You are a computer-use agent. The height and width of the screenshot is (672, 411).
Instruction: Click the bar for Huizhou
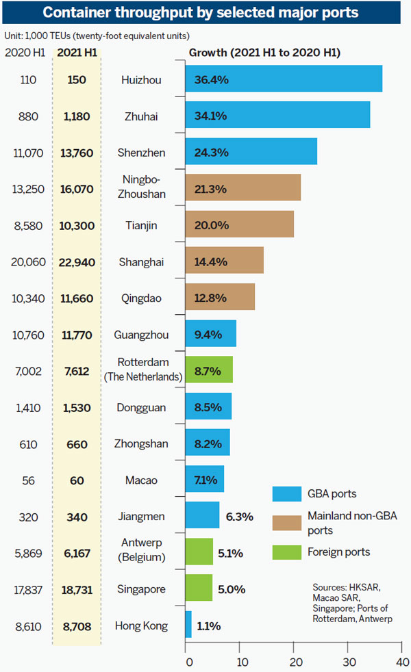click(283, 79)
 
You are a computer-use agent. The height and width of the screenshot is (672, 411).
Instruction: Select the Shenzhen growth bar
click(251, 152)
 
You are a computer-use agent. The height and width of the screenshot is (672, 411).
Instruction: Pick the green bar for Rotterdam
click(209, 370)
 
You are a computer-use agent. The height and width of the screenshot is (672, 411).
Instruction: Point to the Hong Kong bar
click(188, 624)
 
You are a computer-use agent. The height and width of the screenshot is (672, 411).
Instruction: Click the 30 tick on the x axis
click(349, 662)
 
